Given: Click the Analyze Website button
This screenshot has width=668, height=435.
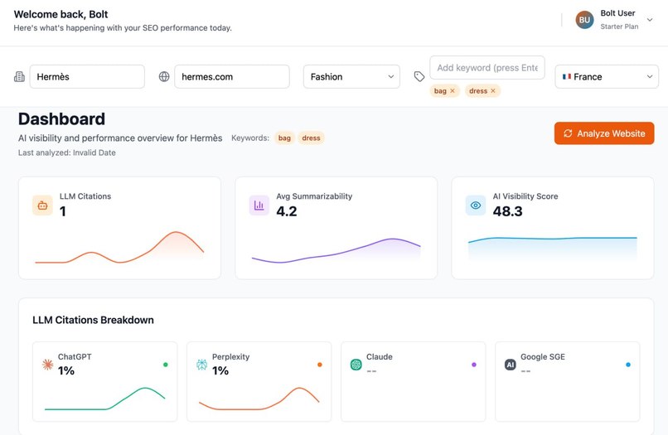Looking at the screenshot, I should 604,133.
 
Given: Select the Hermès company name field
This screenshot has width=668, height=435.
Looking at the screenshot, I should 87,76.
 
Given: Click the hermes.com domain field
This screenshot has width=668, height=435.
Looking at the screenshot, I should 231,76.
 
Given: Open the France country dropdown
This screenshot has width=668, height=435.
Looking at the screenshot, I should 607,76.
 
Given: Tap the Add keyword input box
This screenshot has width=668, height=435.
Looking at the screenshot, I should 486,67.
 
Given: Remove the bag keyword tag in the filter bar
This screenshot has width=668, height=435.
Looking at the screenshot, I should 453,91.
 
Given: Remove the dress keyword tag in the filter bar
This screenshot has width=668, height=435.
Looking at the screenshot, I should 493,91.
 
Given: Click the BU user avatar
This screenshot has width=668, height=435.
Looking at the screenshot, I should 585,20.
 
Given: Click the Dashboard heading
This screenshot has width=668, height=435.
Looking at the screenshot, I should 61,118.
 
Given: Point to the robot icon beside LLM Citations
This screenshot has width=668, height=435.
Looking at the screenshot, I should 42,205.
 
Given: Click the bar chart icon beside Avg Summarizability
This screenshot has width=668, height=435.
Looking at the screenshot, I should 259,205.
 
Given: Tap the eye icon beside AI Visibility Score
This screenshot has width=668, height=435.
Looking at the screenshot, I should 476,205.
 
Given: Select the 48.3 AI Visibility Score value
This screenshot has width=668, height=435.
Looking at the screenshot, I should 507,211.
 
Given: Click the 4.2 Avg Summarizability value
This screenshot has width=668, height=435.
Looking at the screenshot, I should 286,211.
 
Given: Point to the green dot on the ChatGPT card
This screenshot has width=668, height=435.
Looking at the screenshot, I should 165,365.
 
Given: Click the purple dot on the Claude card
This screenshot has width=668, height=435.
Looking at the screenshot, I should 473,365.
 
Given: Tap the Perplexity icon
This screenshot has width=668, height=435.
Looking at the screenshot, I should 202,365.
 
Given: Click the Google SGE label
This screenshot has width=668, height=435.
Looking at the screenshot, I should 543,357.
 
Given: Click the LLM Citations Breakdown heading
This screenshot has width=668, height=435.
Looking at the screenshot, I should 93,320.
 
